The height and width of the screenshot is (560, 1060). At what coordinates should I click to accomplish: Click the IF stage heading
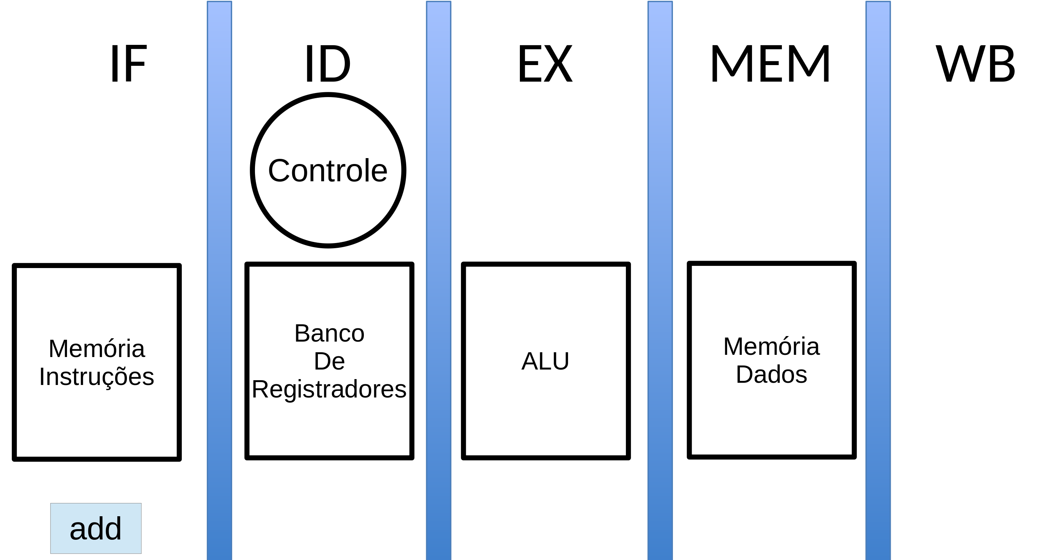point(128,64)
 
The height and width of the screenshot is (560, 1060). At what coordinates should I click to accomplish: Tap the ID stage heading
point(327,64)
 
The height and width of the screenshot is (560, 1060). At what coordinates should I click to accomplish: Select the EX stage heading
point(545,64)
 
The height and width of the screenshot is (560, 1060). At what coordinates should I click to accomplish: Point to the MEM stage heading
point(770,64)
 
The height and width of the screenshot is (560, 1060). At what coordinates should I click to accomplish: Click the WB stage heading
point(975,64)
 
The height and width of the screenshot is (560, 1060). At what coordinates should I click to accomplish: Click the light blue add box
point(96,528)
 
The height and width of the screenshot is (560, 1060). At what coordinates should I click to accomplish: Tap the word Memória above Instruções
point(97,349)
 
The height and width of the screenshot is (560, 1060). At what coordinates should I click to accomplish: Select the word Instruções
point(97,377)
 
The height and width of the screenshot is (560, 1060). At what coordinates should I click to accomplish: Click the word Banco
point(329,333)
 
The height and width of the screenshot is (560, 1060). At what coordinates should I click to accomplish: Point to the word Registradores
point(329,389)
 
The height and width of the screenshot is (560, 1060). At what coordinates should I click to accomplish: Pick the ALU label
point(545,361)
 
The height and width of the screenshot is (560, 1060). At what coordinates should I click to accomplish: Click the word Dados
point(772,375)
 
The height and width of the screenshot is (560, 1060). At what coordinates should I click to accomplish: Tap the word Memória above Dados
point(772,347)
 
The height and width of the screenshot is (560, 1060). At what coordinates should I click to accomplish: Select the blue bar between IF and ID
point(219,279)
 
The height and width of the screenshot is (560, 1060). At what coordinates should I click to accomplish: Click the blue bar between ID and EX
point(439,279)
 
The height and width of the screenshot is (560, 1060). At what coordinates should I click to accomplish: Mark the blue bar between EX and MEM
point(660,279)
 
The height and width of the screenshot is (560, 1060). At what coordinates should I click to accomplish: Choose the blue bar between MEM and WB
point(878,279)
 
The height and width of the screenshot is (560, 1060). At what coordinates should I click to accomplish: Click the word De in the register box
point(329,361)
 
